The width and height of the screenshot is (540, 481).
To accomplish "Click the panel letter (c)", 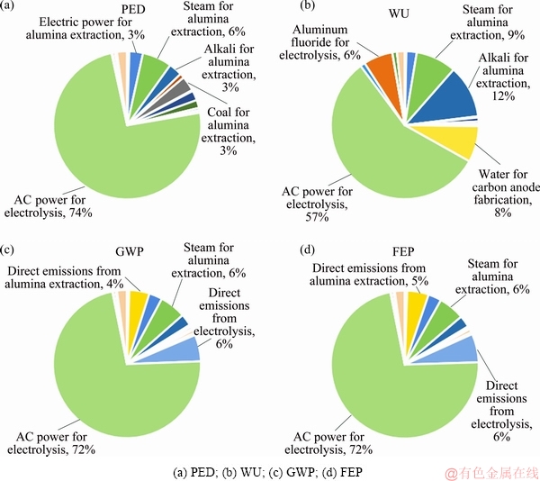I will pos(11,248).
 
